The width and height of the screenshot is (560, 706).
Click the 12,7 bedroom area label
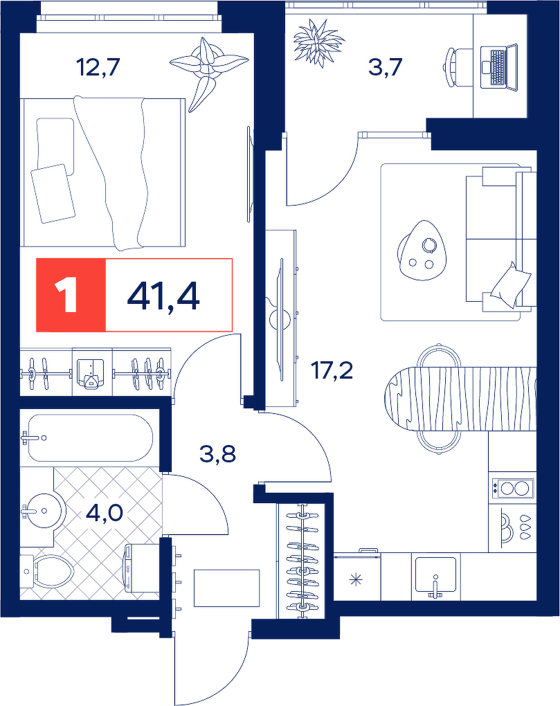(x=98, y=68)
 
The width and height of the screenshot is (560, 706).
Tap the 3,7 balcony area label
(x=385, y=68)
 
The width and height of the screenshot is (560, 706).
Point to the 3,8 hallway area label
(x=218, y=454)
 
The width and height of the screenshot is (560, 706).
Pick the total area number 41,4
(x=163, y=296)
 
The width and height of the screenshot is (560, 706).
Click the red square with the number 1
(x=71, y=295)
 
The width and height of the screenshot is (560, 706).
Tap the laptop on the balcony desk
(x=500, y=68)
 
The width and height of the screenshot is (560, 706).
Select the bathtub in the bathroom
(x=88, y=437)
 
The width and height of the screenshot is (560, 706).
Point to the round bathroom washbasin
(x=45, y=510)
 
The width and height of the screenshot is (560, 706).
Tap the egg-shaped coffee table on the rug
(x=423, y=250)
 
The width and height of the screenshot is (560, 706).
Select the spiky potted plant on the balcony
(x=318, y=42)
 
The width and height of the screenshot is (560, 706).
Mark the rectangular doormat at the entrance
(x=227, y=588)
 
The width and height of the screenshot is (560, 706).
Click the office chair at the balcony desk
(x=459, y=68)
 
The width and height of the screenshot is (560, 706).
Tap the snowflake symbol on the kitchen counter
(x=356, y=579)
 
